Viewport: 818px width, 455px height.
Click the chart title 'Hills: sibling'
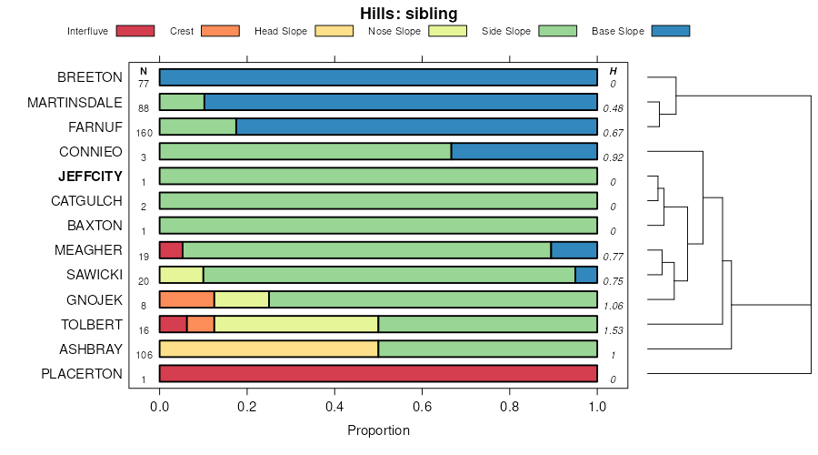(409, 13)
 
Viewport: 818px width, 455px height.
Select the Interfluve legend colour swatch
(135, 31)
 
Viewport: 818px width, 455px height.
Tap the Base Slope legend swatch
(671, 31)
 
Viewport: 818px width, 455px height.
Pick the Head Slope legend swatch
(334, 31)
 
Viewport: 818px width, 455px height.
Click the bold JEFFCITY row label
(90, 176)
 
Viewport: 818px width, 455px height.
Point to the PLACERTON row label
(82, 373)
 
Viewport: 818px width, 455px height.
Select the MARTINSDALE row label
(75, 102)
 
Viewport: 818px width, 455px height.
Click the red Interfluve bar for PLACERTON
(378, 373)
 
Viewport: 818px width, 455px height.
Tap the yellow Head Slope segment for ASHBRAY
(269, 349)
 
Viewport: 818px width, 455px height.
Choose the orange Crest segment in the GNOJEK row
(187, 299)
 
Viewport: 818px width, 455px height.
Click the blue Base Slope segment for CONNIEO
(524, 151)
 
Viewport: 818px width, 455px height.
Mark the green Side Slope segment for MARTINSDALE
(182, 102)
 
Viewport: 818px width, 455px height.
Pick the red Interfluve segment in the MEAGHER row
(171, 250)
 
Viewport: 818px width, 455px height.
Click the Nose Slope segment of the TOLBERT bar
(296, 324)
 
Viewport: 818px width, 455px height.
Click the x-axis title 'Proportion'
(378, 430)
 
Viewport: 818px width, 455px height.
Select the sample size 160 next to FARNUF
(144, 133)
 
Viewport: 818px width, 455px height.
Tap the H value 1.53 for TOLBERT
(613, 329)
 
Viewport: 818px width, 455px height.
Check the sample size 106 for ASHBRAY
(144, 354)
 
